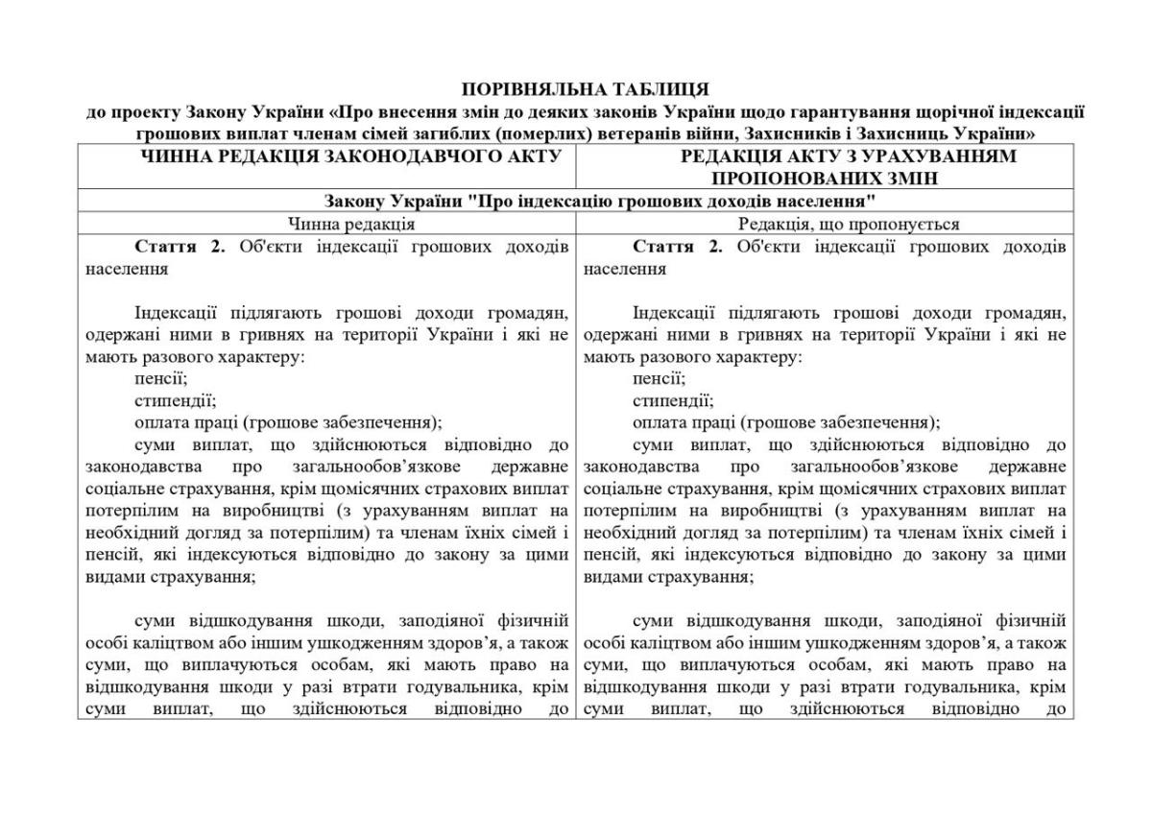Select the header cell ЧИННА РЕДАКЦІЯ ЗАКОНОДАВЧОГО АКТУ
coord(327,156)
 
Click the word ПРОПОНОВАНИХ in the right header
coord(790,179)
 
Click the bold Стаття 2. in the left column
coord(180,247)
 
